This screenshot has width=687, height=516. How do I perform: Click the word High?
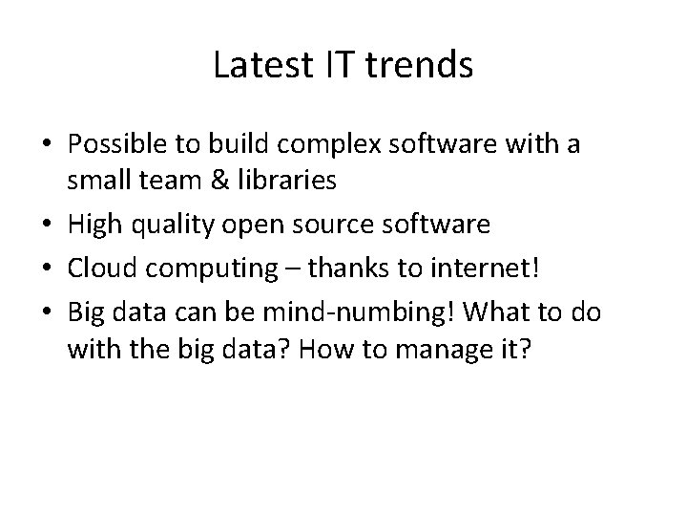(x=94, y=226)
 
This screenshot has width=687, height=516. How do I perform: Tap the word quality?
(x=176, y=226)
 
